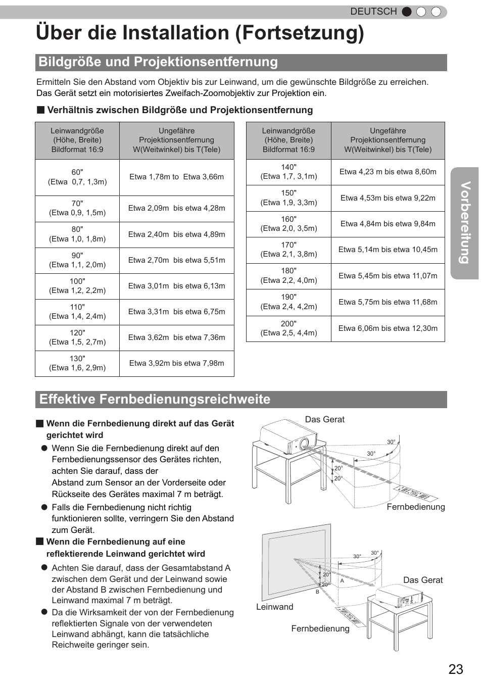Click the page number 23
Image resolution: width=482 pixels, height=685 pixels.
(x=455, y=669)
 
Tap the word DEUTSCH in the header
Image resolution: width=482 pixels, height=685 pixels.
(x=373, y=12)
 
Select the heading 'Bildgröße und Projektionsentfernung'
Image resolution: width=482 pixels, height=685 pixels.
(x=158, y=62)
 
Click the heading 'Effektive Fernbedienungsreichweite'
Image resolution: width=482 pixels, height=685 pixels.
(x=155, y=399)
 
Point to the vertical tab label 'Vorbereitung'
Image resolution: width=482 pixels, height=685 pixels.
(x=465, y=222)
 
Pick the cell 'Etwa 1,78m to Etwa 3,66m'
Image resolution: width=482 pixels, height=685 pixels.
(x=176, y=177)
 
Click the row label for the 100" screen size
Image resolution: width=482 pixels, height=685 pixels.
(x=77, y=286)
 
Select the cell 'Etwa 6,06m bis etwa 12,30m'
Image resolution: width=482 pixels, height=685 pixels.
(x=388, y=328)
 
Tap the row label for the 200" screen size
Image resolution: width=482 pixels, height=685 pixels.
(x=288, y=328)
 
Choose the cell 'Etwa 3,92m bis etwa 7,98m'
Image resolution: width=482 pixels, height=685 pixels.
(x=176, y=363)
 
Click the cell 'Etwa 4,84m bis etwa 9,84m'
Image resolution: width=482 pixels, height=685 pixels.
(x=388, y=224)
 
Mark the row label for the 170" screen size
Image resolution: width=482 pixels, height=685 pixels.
(x=288, y=250)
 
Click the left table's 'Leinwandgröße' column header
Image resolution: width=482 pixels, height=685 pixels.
(x=77, y=140)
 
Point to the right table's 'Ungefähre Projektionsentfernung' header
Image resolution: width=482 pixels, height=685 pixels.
(x=388, y=140)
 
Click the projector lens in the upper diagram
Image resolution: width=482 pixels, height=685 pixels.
(x=304, y=444)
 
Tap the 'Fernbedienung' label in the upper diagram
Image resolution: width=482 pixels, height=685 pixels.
(x=415, y=507)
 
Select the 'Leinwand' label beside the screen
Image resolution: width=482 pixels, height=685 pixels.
(x=274, y=607)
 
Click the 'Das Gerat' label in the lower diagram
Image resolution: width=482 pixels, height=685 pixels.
(x=422, y=580)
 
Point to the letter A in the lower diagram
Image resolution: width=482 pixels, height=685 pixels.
(x=342, y=581)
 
